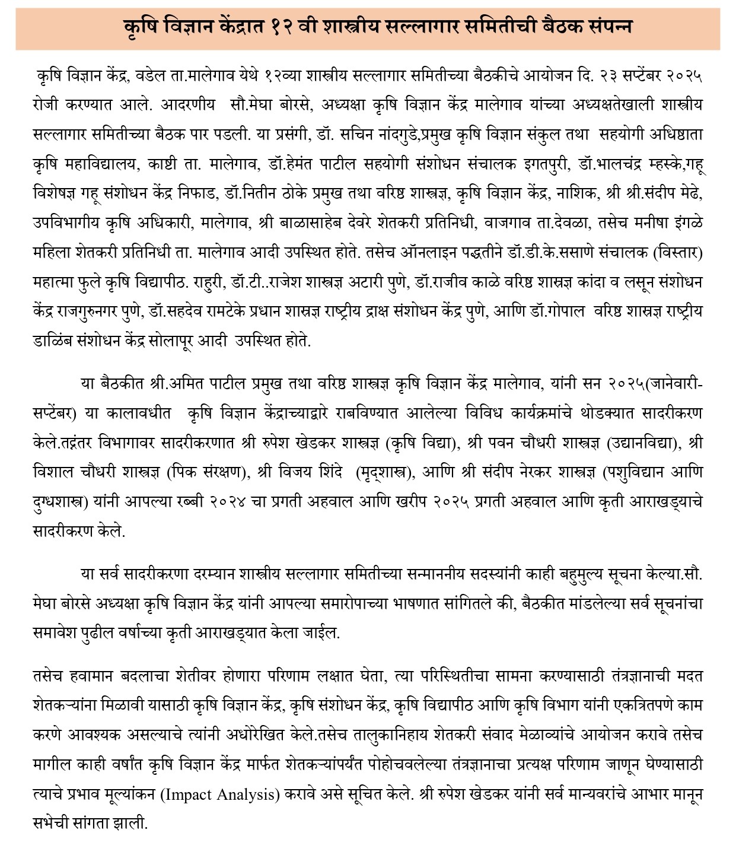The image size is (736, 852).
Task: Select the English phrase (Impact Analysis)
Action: coord(219,794)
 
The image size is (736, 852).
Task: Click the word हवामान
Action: coord(88,677)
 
